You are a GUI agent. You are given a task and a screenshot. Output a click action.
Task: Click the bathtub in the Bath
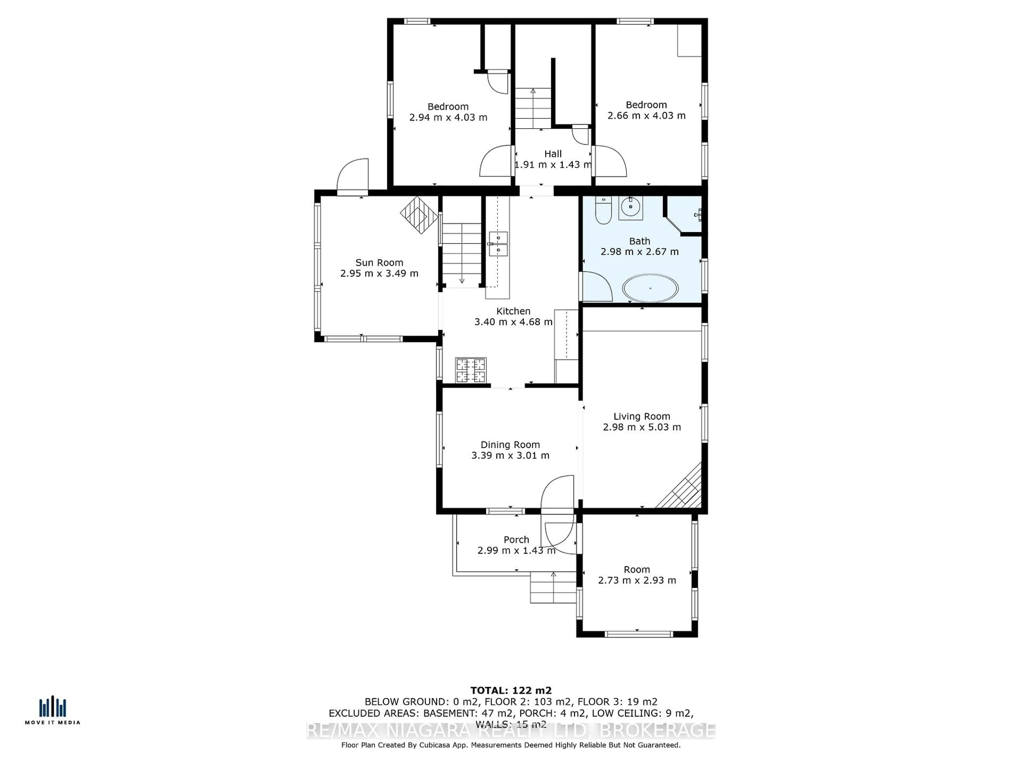tap(650, 288)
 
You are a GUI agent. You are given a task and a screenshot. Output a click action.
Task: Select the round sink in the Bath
tap(630, 207)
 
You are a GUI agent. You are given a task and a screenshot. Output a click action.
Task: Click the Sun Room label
tap(379, 262)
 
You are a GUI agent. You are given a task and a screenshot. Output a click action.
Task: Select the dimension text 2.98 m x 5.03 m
tap(641, 427)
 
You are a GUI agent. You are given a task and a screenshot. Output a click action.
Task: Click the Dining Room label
tap(510, 445)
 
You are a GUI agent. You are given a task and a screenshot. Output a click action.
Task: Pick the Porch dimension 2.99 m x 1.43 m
tap(516, 550)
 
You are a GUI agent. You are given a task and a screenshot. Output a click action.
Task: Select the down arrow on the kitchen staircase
tap(461, 280)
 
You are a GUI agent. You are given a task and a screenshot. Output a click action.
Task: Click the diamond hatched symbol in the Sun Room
tap(419, 215)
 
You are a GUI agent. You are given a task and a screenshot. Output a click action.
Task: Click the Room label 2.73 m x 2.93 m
tap(637, 575)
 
